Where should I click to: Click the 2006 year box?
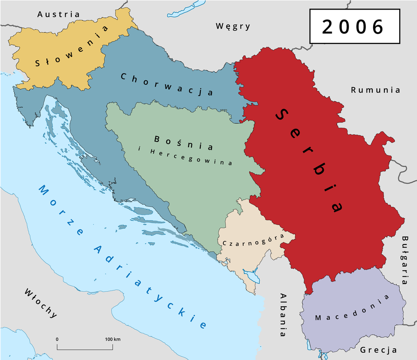pyautogui.click(x=354, y=26)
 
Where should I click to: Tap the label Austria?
pyautogui.click(x=59, y=14)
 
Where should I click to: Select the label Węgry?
pyautogui.click(x=233, y=26)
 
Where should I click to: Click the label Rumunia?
pyautogui.click(x=375, y=90)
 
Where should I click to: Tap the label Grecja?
pyautogui.click(x=378, y=350)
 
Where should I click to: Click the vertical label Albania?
pyautogui.click(x=283, y=314)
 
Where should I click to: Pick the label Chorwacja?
pyautogui.click(x=166, y=84)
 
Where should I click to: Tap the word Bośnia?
pyautogui.click(x=183, y=142)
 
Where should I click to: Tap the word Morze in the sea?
pyautogui.click(x=61, y=210)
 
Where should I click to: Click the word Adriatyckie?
pyautogui.click(x=149, y=287)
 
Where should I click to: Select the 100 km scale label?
pyautogui.click(x=113, y=339)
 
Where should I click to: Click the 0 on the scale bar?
pyautogui.click(x=57, y=339)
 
